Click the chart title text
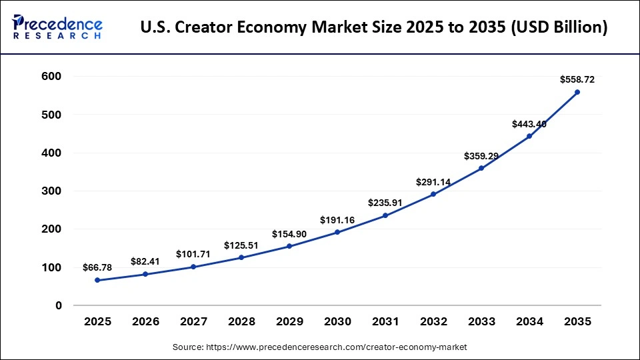pyautogui.click(x=374, y=28)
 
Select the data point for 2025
pyautogui.click(x=97, y=280)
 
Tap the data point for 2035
pyautogui.click(x=577, y=92)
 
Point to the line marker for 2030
pyautogui.click(x=337, y=232)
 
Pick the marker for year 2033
pyautogui.click(x=481, y=168)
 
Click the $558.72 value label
pyautogui.click(x=577, y=79)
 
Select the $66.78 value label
pyautogui.click(x=97, y=267)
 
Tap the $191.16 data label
pyautogui.click(x=337, y=219)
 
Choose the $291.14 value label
pyautogui.click(x=433, y=181)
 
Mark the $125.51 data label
pyautogui.click(x=241, y=245)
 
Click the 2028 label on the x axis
pyautogui.click(x=241, y=321)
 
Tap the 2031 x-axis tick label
pyautogui.click(x=385, y=321)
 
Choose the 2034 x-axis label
pyautogui.click(x=529, y=321)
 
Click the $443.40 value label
pyautogui.click(x=529, y=124)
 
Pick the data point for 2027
pyautogui.click(x=193, y=267)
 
